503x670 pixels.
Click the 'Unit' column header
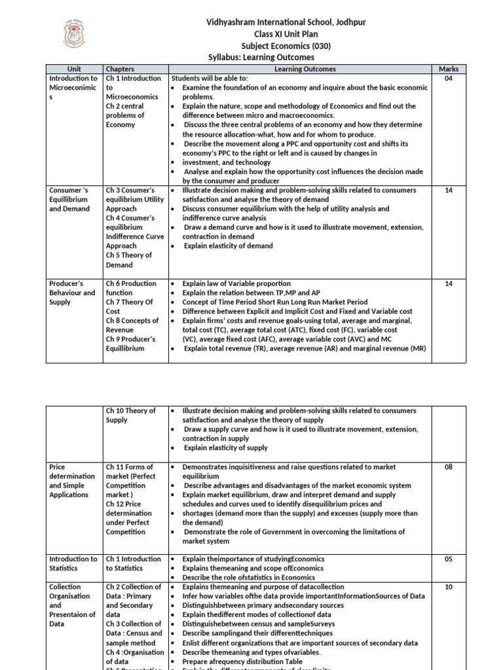74,69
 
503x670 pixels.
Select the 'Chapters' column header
120,69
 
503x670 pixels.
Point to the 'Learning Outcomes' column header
305,69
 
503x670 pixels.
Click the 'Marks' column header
449,69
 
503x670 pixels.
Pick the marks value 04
449,79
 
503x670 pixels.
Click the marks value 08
449,467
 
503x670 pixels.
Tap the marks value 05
449,559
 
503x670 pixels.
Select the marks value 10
449,587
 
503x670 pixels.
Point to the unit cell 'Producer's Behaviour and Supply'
72,293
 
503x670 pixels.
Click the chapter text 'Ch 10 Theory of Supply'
130,415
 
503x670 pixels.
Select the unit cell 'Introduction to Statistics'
73,563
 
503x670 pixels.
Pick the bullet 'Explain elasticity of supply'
225,448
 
